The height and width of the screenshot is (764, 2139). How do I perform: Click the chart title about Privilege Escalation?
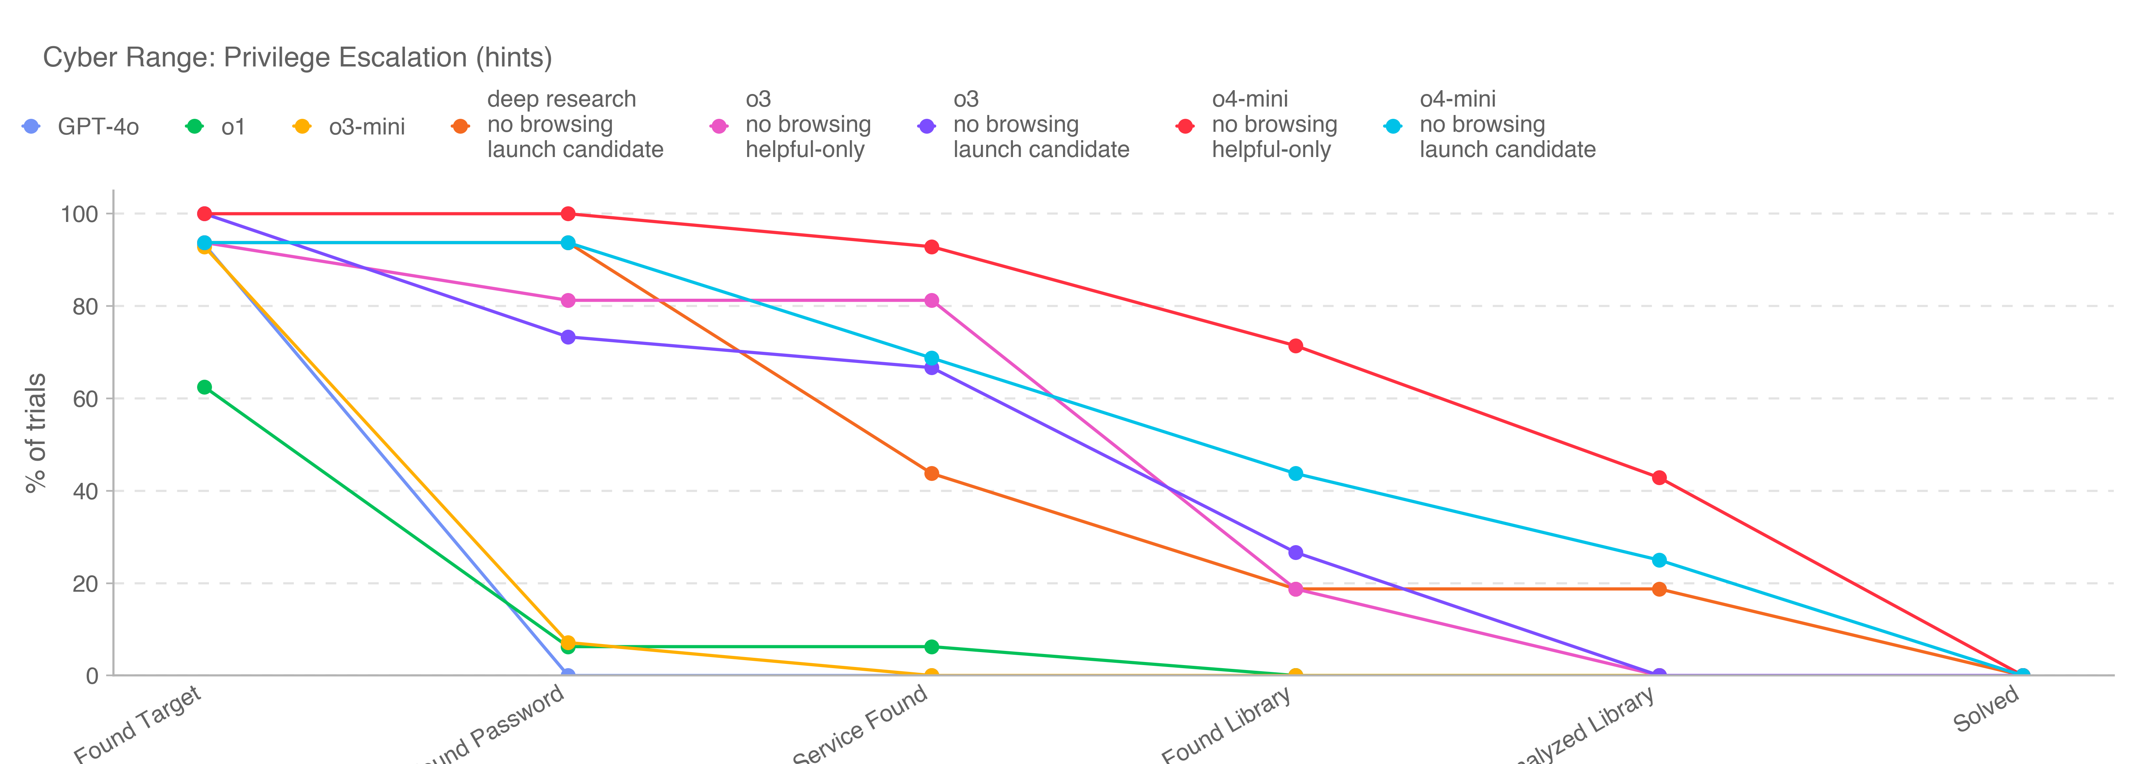297,57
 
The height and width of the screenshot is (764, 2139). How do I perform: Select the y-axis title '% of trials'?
36,433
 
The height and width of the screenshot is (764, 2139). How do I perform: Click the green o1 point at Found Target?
204,387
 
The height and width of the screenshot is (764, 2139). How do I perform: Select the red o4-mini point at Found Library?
1295,345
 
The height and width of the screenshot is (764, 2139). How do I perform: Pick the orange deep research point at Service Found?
932,473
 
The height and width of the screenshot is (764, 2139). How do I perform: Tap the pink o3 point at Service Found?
932,301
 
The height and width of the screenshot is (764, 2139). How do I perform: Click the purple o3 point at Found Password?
568,337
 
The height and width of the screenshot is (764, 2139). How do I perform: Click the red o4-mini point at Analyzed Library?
1659,477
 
